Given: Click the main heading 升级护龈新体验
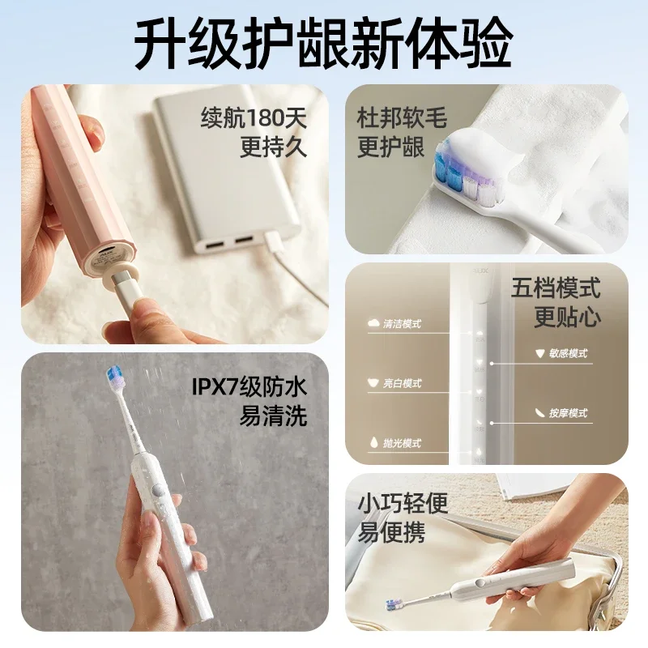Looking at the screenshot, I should (x=323, y=40).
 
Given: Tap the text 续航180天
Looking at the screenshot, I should (x=254, y=118).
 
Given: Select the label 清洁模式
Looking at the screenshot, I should (x=403, y=323).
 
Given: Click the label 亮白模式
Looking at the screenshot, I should (x=403, y=383).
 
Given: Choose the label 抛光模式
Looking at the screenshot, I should (x=403, y=443).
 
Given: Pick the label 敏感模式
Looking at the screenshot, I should (x=567, y=353).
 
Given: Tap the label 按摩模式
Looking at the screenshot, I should (x=567, y=413).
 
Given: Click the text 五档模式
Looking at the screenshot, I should (x=556, y=287).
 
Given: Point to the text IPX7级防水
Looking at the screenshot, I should (x=249, y=386).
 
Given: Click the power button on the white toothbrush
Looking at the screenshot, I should (x=160, y=491).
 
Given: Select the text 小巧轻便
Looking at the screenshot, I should (x=403, y=504).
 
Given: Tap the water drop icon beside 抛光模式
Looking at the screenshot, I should (x=373, y=443).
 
